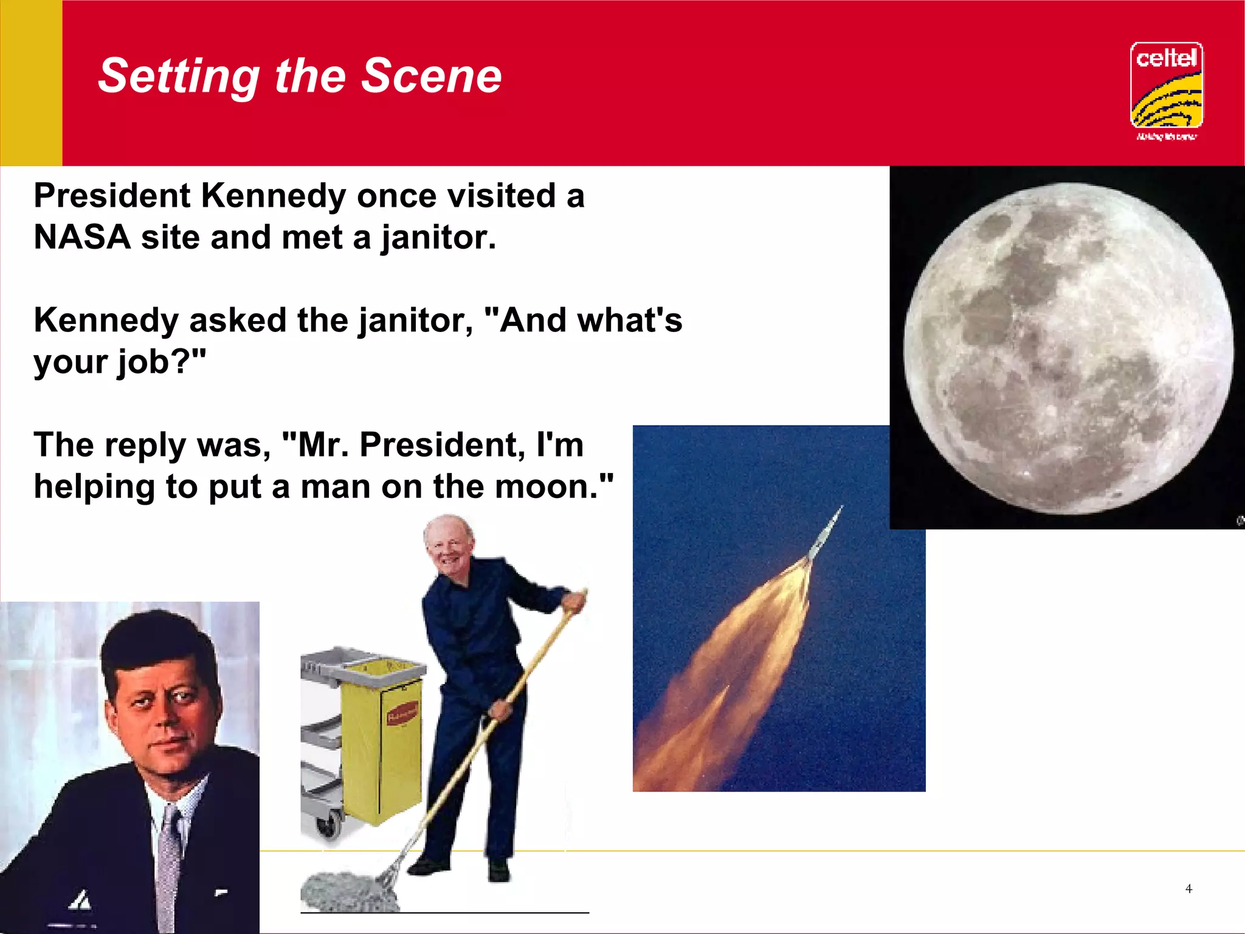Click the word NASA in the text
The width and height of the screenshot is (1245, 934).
point(82,237)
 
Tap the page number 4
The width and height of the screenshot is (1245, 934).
point(1188,889)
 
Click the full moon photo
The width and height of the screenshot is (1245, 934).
point(1068,348)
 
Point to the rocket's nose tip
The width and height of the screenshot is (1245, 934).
point(841,508)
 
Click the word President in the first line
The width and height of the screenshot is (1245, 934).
point(112,196)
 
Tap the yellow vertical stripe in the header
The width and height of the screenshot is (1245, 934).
point(31,83)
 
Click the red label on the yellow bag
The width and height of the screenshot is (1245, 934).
point(402,712)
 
